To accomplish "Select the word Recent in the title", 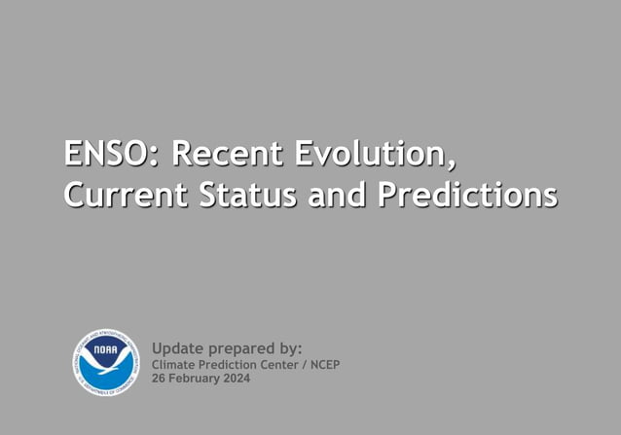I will coord(227,154).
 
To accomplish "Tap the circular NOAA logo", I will coord(106,363).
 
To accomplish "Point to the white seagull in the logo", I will coord(106,366).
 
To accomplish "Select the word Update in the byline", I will coord(178,348).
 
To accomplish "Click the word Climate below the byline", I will coord(173,365).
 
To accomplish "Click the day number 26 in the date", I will coord(159,379).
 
